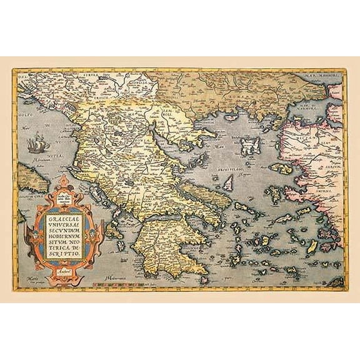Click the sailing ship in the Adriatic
36,146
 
